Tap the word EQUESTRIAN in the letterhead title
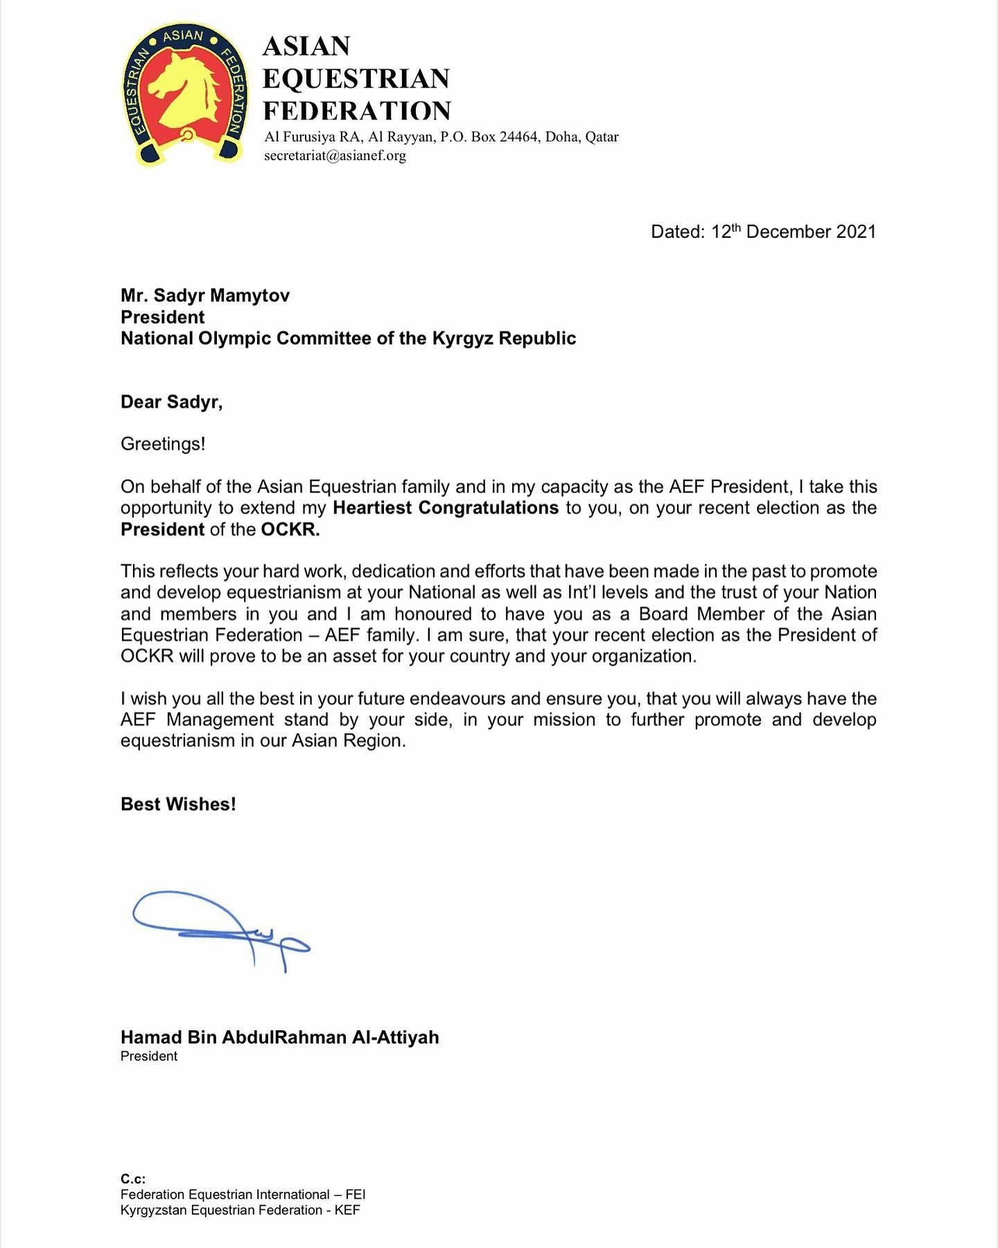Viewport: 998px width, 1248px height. coord(356,79)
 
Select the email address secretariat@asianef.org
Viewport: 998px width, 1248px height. coord(335,155)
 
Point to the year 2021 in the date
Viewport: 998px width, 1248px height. coord(856,232)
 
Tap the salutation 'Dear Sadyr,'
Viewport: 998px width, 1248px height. coord(171,402)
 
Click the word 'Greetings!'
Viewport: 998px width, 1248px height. coord(163,444)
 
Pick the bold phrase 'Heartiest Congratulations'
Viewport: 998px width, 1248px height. coord(446,508)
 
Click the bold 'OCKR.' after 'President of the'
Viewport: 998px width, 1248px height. coord(290,530)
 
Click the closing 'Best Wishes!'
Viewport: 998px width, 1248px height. coord(178,804)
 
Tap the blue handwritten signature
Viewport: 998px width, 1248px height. coord(222,929)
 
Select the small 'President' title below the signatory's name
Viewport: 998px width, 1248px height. coord(149,1057)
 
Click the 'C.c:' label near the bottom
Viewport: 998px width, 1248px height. coord(133,1179)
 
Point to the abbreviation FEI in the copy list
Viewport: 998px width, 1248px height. coord(355,1195)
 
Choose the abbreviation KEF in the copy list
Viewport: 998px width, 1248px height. coord(347,1211)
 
